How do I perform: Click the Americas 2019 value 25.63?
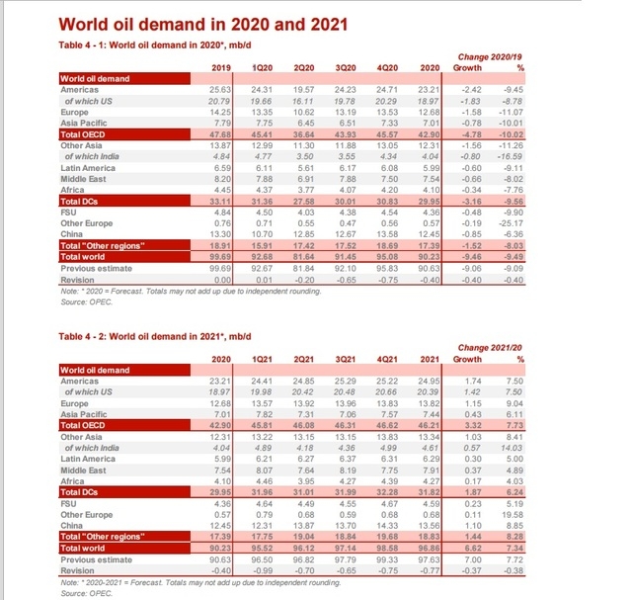[220, 91]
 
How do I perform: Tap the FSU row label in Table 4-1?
[69, 212]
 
